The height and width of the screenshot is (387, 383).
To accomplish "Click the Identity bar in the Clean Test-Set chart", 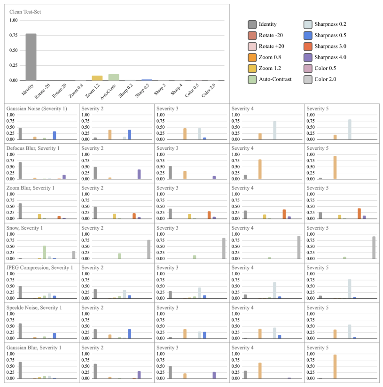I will coord(31,57).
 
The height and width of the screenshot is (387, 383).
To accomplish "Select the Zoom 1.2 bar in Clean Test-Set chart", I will coord(97,78).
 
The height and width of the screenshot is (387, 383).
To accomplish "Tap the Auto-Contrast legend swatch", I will coord(252,79).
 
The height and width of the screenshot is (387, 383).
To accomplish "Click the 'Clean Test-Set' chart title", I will coord(25,11).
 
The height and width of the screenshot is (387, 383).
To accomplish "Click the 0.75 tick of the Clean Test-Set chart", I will coord(13,35).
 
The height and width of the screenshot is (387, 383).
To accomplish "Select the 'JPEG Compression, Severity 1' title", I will coord(39,268).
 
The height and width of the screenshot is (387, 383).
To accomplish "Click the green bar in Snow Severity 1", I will coord(45,252).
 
